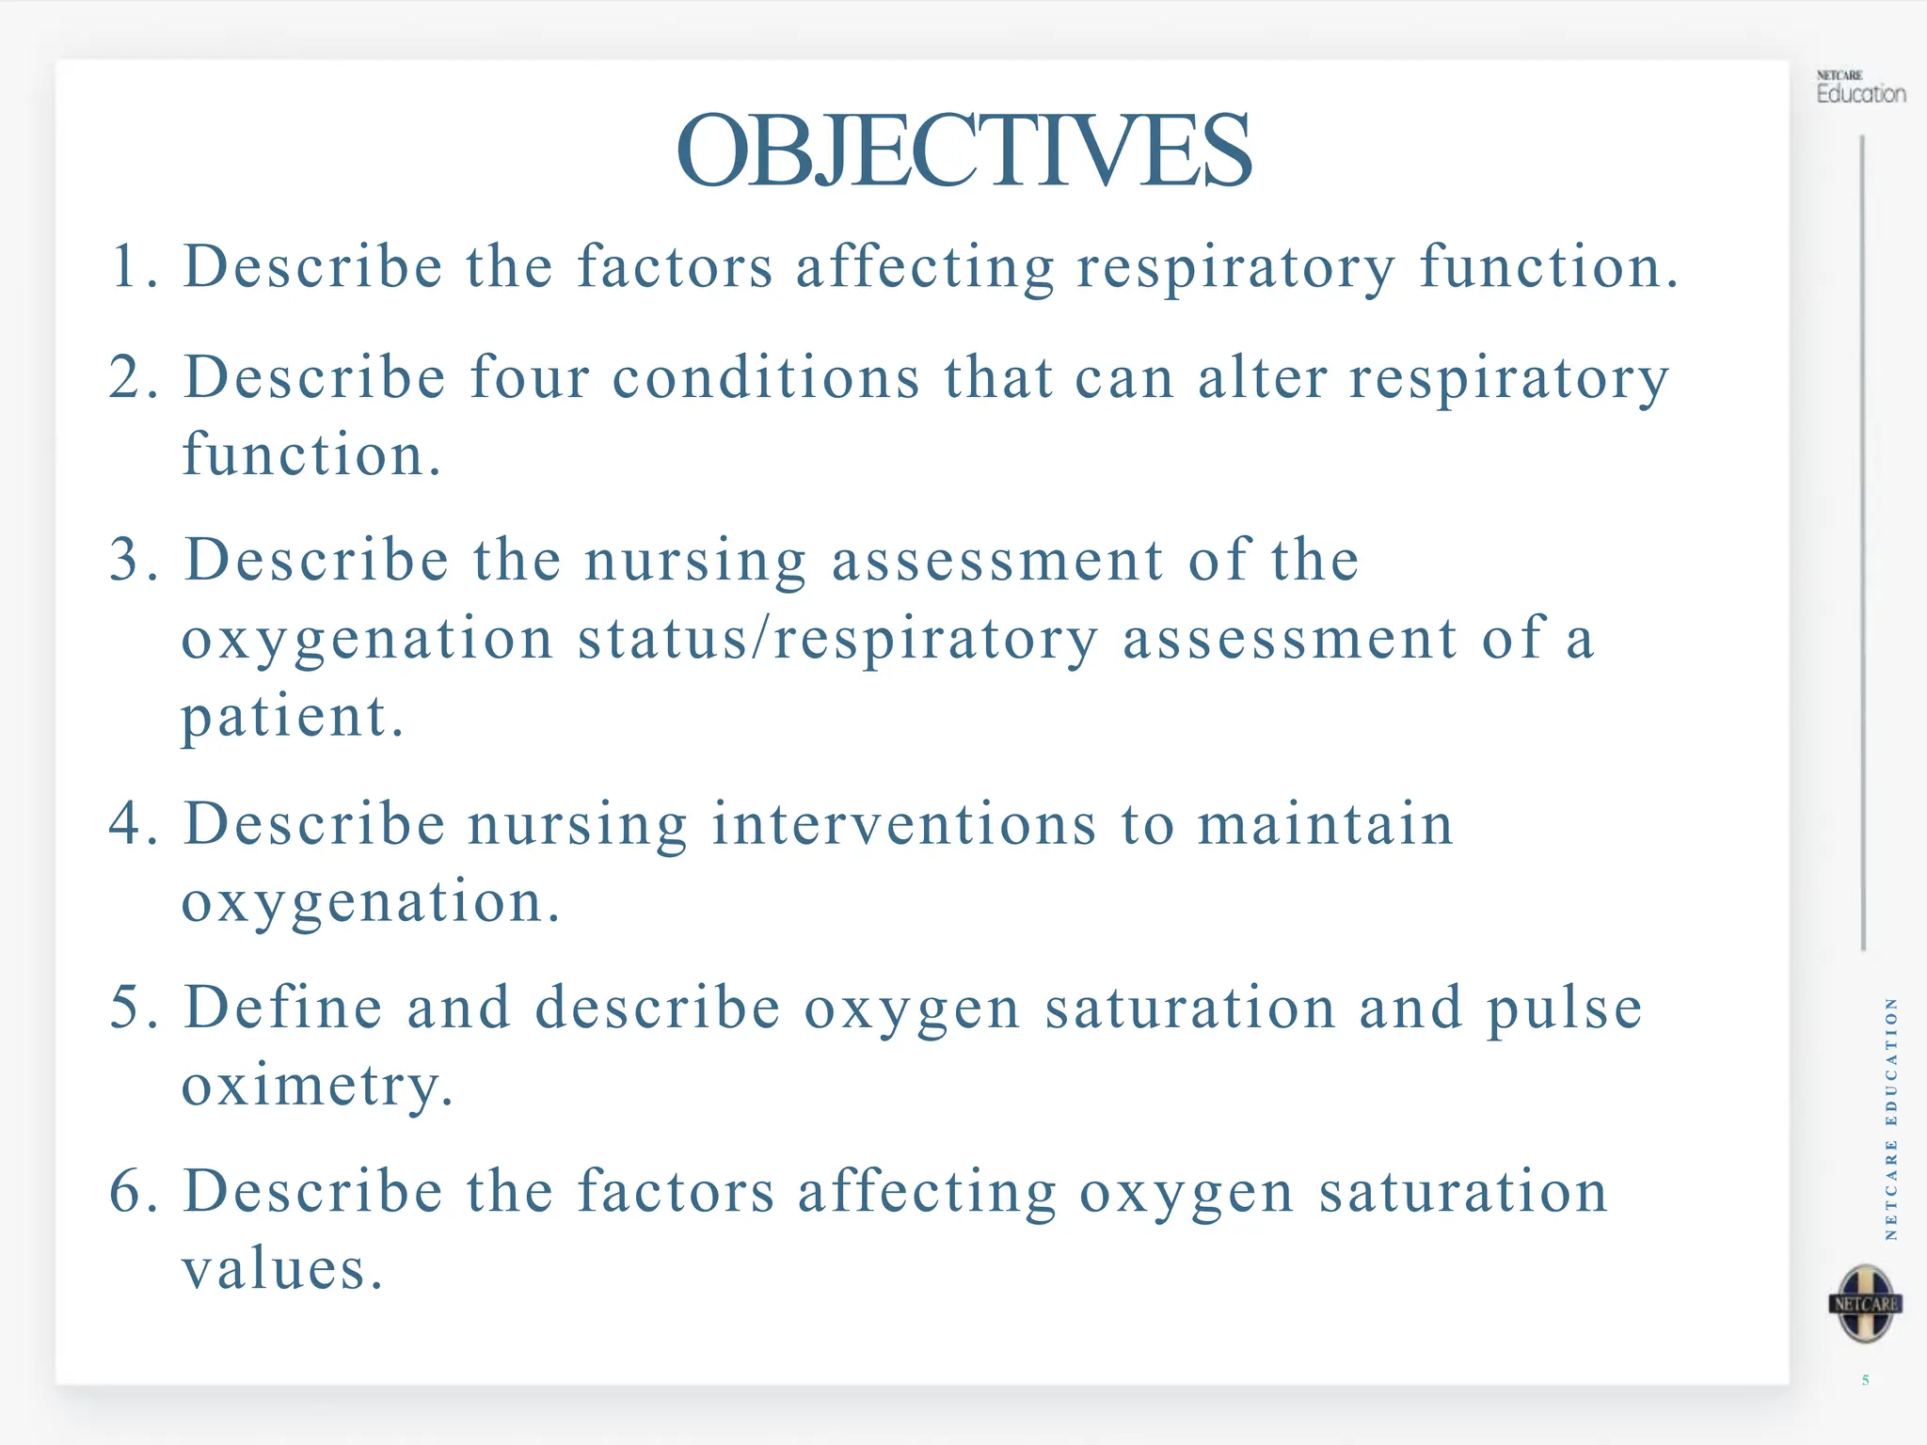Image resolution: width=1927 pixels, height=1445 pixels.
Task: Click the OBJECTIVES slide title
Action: [x=963, y=151]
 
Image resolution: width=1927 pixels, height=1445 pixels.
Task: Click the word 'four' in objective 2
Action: [x=530, y=378]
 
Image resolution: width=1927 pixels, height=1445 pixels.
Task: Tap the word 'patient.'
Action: [x=292, y=717]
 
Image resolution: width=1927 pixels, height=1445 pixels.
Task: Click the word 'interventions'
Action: [x=904, y=824]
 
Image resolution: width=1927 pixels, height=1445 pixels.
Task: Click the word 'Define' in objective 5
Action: [x=283, y=1007]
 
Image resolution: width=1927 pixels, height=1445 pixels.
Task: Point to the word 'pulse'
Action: [x=1565, y=1008]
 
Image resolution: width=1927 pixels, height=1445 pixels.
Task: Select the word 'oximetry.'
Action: [x=317, y=1086]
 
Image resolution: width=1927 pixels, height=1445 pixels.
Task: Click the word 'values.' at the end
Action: [x=282, y=1269]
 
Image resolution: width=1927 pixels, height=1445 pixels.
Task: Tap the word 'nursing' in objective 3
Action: [x=695, y=562]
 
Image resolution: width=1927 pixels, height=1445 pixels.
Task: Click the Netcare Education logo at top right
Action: [x=1860, y=87]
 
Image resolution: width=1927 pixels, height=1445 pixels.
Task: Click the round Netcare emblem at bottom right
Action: [x=1866, y=1304]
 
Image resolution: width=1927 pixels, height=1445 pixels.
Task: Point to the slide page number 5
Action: [x=1865, y=1380]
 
